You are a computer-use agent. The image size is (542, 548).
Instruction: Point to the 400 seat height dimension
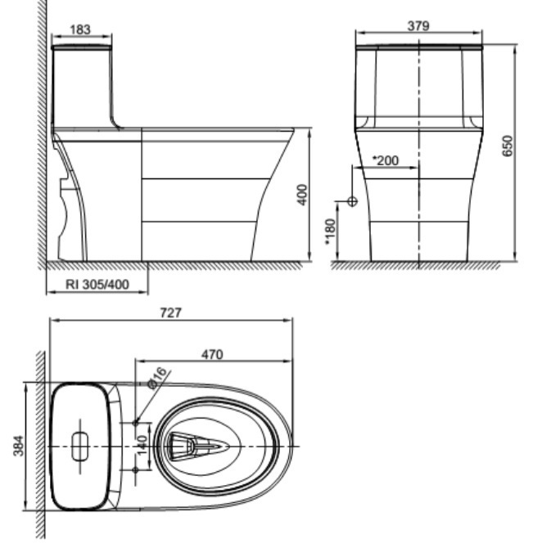(x=302, y=195)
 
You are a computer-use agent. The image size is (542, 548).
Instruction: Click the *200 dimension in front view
(x=385, y=160)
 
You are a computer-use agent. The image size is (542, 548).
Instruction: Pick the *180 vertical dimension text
(x=330, y=231)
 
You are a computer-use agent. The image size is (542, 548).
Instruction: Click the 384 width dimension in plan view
(x=19, y=447)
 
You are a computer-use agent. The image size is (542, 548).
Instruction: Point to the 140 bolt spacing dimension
(x=141, y=447)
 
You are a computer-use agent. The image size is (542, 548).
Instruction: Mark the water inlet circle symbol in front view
(x=353, y=201)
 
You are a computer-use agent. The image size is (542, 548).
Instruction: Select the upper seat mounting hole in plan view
(x=136, y=422)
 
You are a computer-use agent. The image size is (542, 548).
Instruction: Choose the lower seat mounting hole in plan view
(x=136, y=470)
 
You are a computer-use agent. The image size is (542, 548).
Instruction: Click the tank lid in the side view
(x=81, y=47)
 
